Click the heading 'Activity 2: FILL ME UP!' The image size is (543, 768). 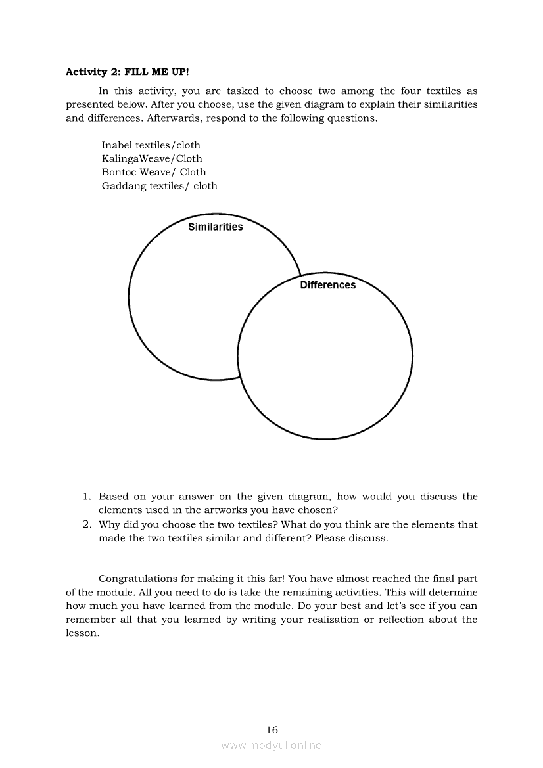(x=127, y=72)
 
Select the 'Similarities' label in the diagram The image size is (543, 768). (x=215, y=227)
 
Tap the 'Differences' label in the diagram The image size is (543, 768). (x=327, y=285)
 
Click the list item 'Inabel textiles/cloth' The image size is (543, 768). (x=151, y=145)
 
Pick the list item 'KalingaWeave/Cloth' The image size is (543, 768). (x=152, y=158)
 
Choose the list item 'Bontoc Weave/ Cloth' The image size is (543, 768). (x=154, y=172)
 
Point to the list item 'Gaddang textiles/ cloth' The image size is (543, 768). (x=159, y=186)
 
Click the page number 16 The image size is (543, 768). (x=272, y=729)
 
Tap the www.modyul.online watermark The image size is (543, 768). (x=271, y=746)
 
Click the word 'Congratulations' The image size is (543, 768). (x=138, y=579)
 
